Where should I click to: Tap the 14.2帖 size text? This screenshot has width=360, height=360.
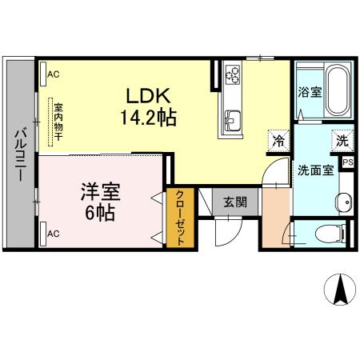click(x=149, y=116)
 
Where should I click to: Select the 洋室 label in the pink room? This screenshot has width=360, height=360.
click(x=99, y=192)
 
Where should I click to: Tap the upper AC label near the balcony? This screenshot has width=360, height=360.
click(x=54, y=74)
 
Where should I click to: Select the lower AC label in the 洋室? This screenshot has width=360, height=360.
click(x=54, y=233)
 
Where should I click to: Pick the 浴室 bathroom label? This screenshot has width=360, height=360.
click(x=310, y=92)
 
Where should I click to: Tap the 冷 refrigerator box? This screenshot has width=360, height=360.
click(x=278, y=141)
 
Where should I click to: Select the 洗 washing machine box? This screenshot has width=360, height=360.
click(x=342, y=140)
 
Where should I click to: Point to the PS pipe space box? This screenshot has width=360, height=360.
click(x=348, y=162)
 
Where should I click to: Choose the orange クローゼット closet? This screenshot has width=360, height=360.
click(x=182, y=218)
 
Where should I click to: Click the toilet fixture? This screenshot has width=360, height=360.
click(x=330, y=233)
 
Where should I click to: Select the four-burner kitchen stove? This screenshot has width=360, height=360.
click(x=233, y=74)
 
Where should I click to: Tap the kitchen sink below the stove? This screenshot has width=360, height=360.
click(x=233, y=122)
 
